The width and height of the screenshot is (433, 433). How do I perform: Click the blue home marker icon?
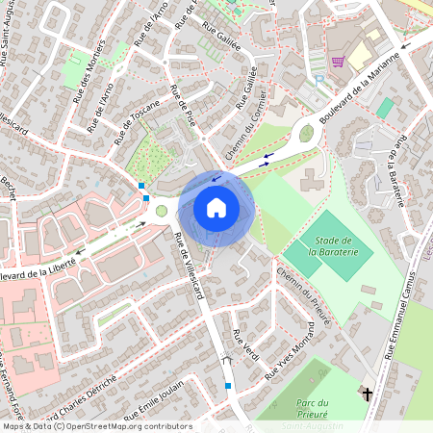click(x=216, y=207)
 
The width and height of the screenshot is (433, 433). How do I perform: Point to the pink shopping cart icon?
click(x=338, y=62)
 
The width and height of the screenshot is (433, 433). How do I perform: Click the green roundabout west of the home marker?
click(x=161, y=212)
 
